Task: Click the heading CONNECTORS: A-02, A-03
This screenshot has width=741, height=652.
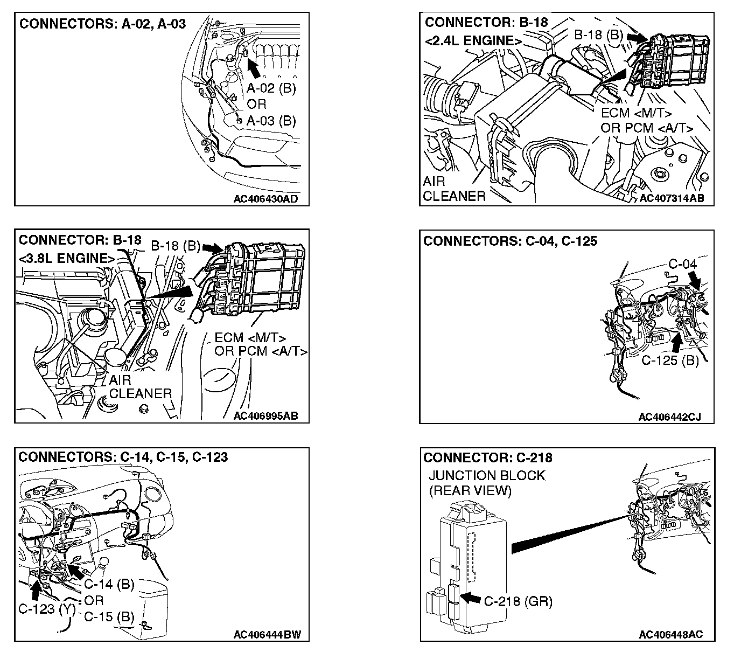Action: [x=102, y=24]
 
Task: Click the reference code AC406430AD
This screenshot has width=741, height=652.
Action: [x=265, y=199]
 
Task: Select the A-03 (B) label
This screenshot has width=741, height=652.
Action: [x=271, y=120]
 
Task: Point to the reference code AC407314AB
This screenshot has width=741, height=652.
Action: [x=672, y=198]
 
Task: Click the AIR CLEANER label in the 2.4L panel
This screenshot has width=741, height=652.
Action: [x=454, y=189]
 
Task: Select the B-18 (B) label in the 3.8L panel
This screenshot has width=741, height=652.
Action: [x=175, y=246]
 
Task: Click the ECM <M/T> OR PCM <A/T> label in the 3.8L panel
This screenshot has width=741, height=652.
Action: [x=261, y=345]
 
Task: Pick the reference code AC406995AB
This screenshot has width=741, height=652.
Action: [x=266, y=416]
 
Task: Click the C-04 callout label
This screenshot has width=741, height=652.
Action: [x=682, y=264]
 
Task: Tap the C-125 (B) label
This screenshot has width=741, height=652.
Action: [x=670, y=360]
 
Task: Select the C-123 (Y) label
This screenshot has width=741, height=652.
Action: [x=46, y=609]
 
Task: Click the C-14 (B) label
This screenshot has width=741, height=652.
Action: [x=109, y=584]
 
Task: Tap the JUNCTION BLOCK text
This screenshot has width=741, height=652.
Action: [x=487, y=476]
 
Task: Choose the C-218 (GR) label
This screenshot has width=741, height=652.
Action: [x=518, y=601]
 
